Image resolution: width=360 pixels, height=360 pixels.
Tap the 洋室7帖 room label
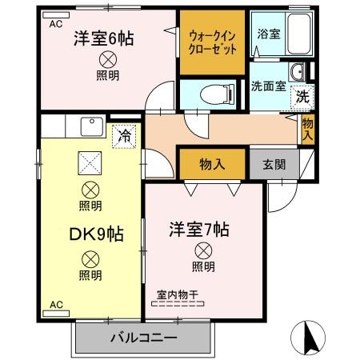199,230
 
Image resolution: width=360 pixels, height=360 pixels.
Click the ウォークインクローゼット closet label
212,42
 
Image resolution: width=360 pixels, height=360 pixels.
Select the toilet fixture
211,92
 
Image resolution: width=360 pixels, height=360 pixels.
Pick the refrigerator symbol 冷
124,136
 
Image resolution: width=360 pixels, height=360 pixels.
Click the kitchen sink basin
90,126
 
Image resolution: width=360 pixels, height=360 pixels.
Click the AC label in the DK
56,305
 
